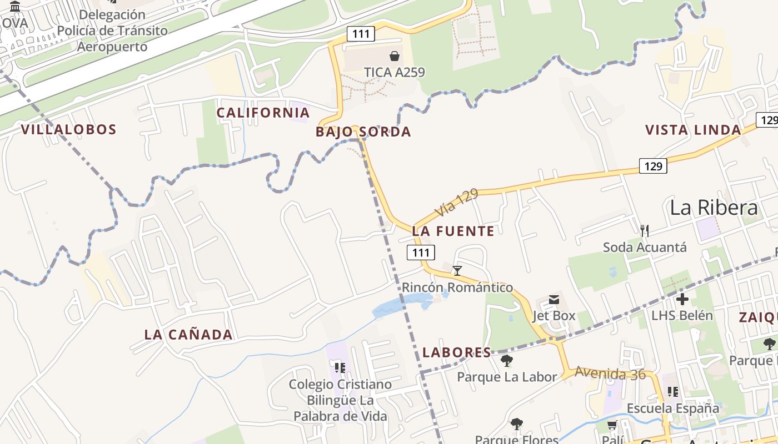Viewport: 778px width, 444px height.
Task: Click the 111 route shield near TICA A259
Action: click(x=361, y=34)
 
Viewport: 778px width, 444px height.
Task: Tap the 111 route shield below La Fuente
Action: click(x=421, y=253)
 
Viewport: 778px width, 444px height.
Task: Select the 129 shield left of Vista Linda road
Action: click(x=652, y=165)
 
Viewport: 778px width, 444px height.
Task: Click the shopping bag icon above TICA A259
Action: click(x=395, y=56)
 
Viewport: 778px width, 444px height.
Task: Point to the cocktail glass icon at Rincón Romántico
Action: click(x=457, y=271)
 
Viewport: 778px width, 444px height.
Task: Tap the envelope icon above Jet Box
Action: click(x=554, y=300)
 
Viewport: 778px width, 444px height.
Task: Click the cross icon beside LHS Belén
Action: click(x=682, y=300)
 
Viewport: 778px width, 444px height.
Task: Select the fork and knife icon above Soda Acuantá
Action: click(x=645, y=230)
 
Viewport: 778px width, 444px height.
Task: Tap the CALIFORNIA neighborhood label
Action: click(x=263, y=113)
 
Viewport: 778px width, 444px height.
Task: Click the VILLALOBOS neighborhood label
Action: click(x=69, y=130)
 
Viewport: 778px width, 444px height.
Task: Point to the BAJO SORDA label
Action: click(x=363, y=132)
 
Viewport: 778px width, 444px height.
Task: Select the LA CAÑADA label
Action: click(x=188, y=335)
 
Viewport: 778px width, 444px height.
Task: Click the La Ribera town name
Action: click(x=714, y=208)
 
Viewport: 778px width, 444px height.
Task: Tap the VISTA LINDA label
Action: click(x=693, y=130)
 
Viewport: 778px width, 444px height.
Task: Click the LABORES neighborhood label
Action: click(x=457, y=352)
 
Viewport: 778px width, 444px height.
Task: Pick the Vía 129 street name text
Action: click(x=456, y=203)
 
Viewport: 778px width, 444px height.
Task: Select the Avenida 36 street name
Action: click(x=610, y=374)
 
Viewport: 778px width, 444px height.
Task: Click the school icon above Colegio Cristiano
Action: click(x=340, y=367)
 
